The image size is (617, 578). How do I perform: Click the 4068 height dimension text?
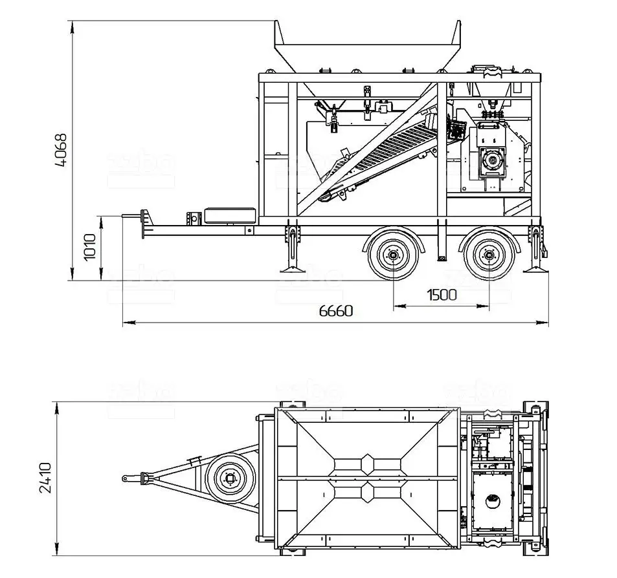coord(61,150)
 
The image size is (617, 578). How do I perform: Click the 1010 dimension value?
coord(90,246)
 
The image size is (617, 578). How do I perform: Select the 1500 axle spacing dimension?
coord(442,295)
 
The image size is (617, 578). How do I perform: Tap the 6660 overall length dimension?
coord(336,311)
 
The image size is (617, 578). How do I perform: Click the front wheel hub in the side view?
coord(392,256)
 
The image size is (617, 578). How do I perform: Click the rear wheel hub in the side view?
coord(489,256)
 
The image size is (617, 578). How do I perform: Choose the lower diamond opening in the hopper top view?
coord(367,493)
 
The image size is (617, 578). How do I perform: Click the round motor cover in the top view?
coord(493,499)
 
